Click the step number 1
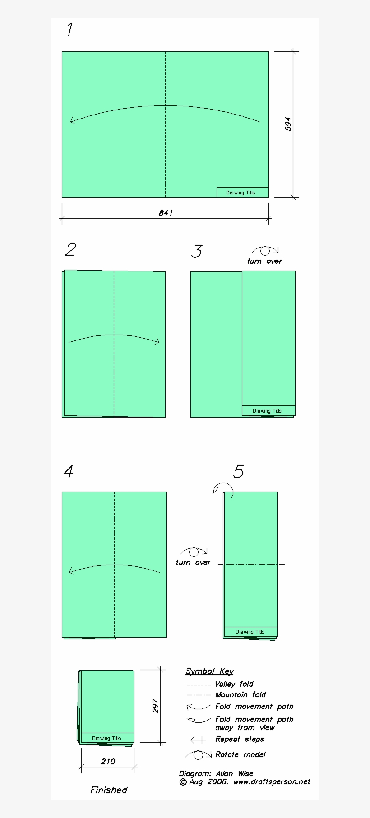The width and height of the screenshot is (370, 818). click(69, 30)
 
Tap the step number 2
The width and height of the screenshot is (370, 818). click(70, 249)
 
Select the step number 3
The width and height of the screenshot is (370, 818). click(196, 251)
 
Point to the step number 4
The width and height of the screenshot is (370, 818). click(68, 472)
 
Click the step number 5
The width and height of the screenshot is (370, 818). click(238, 472)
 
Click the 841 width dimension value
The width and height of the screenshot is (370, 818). click(166, 213)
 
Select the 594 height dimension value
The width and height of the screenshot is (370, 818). click(288, 124)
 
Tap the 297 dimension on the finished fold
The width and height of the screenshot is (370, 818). click(155, 706)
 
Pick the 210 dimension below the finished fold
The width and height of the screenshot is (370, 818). click(108, 762)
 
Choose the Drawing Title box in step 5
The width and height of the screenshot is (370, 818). click(250, 632)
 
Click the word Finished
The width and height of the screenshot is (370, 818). click(109, 790)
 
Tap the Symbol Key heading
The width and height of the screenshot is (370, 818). click(209, 671)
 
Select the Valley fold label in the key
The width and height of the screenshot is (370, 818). click(234, 684)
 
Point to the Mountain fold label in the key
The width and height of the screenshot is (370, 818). click(240, 695)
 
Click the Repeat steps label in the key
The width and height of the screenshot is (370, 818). click(240, 739)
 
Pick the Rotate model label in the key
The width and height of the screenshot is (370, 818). click(240, 754)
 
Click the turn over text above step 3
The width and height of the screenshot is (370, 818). click(264, 262)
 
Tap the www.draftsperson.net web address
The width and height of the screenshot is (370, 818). click(272, 782)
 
